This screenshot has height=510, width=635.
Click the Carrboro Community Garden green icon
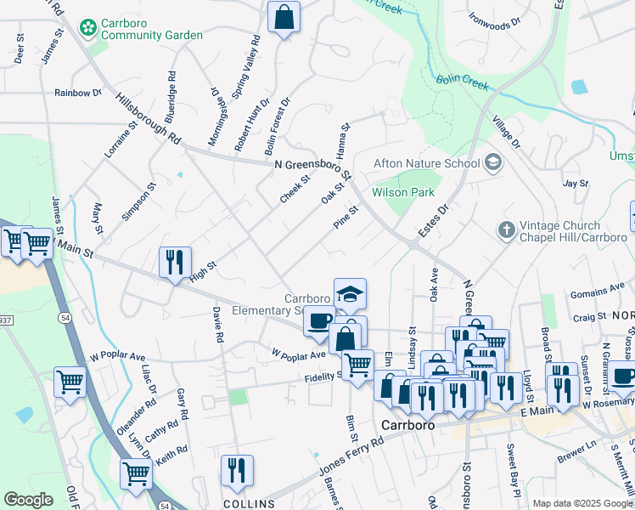87,28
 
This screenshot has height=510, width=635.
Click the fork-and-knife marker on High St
175,262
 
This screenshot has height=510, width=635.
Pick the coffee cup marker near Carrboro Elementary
319,321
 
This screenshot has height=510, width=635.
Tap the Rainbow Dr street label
77,93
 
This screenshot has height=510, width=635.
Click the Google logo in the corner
28,500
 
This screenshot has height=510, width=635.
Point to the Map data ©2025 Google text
582,503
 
